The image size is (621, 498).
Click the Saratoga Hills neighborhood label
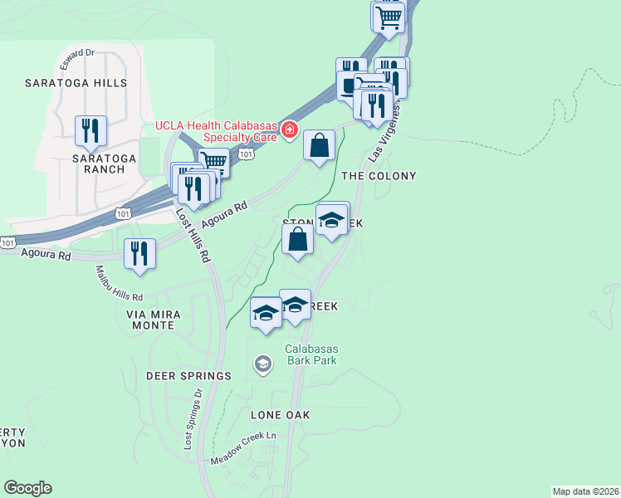[x=76, y=83]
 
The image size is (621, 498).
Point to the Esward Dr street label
[x=77, y=52]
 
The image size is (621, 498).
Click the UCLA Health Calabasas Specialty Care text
[x=216, y=133]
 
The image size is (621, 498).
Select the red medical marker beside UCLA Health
[x=289, y=129]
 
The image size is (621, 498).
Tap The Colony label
[x=379, y=176]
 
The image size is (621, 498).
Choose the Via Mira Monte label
[x=150, y=320]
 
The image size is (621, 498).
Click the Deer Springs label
[x=188, y=376]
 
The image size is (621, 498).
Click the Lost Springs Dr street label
[x=192, y=419]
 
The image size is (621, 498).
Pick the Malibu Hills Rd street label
[x=119, y=283]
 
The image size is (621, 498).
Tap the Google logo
[x=27, y=488]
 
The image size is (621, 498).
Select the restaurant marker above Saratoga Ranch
[x=90, y=130]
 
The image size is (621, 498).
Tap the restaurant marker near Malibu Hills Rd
[x=139, y=254]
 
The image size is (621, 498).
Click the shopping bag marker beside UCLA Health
[x=319, y=146]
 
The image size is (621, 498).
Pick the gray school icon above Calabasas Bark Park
[x=263, y=364]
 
